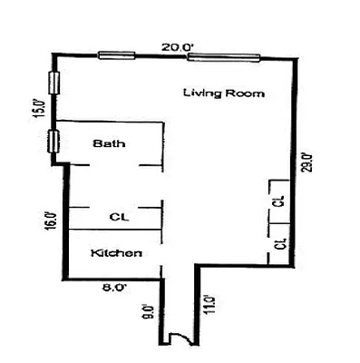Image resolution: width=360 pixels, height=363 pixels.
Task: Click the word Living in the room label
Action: [x=198, y=93]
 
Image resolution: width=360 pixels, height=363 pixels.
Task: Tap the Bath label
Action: [x=110, y=143]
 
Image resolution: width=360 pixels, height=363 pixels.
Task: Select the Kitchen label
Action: [x=117, y=253]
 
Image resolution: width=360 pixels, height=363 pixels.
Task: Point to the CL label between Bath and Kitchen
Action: [x=117, y=217]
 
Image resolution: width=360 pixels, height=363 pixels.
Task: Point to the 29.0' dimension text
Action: [x=308, y=161]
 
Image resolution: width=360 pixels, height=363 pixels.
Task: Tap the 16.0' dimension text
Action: [x=51, y=221]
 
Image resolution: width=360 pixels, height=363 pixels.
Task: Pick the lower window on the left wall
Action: [x=54, y=142]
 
